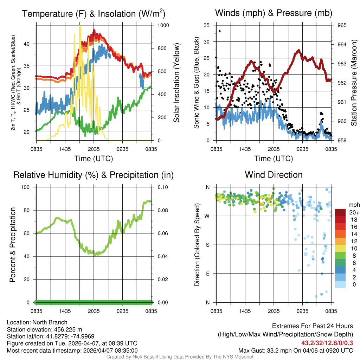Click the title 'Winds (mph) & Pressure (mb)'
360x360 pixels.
point(274,13)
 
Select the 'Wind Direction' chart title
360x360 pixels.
point(274,175)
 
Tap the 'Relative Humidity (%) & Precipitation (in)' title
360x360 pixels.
point(94,175)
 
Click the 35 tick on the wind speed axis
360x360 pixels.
point(207,25)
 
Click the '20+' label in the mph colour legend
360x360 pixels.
point(353,212)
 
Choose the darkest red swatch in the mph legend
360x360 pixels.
point(340,212)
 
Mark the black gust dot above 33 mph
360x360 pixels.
point(220,31)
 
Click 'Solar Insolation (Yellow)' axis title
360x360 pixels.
point(176,83)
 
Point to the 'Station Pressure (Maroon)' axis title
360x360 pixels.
point(354,83)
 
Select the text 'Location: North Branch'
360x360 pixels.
point(37,322)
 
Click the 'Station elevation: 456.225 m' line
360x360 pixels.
point(44,329)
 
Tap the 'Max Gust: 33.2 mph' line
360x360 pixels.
point(296,350)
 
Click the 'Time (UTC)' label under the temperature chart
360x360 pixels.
point(94,159)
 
